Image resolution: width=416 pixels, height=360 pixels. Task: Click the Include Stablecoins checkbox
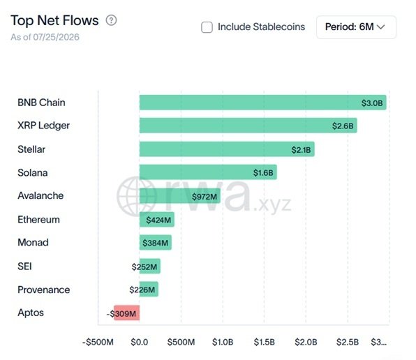[x=207, y=27]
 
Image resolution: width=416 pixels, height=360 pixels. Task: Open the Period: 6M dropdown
[x=356, y=27]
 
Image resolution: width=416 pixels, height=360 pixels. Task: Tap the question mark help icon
[x=111, y=20]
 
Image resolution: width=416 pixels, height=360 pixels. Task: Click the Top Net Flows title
[x=54, y=20]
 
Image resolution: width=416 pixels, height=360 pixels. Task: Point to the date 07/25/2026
[x=56, y=37]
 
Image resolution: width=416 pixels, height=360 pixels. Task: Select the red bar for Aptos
[x=126, y=313]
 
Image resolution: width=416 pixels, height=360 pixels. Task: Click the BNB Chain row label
[x=41, y=103]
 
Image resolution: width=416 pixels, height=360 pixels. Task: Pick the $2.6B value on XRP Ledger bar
[x=343, y=126]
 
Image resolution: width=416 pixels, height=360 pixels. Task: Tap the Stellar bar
[x=227, y=149]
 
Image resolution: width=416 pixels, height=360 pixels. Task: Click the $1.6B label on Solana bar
[x=263, y=173]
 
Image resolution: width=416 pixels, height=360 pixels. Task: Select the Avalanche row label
[x=40, y=195]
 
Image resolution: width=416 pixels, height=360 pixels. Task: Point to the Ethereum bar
[x=157, y=220]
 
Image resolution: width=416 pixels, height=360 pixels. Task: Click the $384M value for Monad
[x=155, y=243]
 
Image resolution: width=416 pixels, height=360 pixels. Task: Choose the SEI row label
[x=24, y=266]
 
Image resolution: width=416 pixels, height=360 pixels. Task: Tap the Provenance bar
[x=149, y=289]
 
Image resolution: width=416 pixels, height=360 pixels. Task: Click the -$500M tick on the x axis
[x=98, y=342]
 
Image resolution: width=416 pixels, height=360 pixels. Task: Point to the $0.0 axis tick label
[x=140, y=342]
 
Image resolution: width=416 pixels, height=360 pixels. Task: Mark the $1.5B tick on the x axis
[x=265, y=342]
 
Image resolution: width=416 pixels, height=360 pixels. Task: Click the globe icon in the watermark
[x=137, y=196]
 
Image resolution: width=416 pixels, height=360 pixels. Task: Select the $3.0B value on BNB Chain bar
[x=372, y=103]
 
